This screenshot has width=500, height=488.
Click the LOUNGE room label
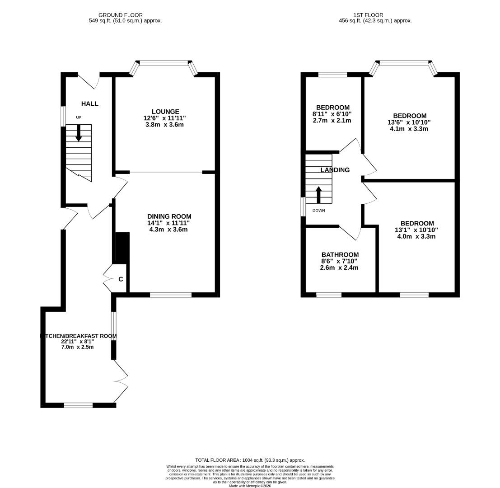pyautogui.click(x=165, y=112)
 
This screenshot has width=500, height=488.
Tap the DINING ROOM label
pyautogui.click(x=169, y=216)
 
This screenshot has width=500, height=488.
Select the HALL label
pyautogui.click(x=89, y=104)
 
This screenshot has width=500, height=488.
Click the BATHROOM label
pyautogui.click(x=340, y=255)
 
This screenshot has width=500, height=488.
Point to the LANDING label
pyautogui.click(x=335, y=170)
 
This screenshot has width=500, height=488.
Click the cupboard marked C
pyautogui.click(x=121, y=279)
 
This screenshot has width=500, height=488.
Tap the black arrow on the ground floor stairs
pyautogui.click(x=79, y=132)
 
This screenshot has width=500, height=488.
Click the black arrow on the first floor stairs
pyautogui.click(x=318, y=194)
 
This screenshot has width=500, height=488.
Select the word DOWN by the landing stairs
pyautogui.click(x=318, y=211)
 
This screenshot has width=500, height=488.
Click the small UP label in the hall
pyautogui.click(x=79, y=117)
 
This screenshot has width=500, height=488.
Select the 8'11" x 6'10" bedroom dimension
pyautogui.click(x=332, y=114)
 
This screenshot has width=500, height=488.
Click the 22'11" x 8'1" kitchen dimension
pyautogui.click(x=78, y=342)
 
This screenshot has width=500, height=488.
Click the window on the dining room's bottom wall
pyautogui.click(x=171, y=295)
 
